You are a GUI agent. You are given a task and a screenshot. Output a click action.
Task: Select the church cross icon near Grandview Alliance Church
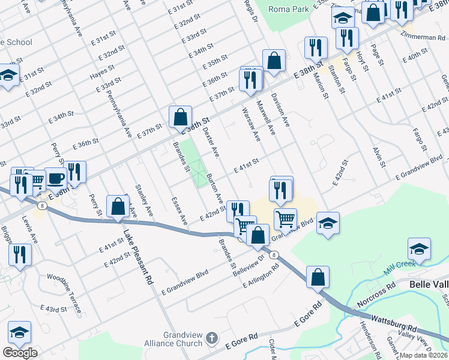tap(211, 339)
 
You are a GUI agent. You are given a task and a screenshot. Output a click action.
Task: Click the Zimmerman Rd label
tap(424, 37)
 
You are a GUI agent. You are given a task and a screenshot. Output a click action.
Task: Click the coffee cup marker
tap(55, 178)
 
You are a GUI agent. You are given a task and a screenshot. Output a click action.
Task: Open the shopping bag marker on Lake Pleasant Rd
tap(118, 206)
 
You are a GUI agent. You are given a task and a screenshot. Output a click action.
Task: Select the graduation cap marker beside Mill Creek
tap(419, 249)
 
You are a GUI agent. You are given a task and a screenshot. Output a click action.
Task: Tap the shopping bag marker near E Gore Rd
tap(318, 278)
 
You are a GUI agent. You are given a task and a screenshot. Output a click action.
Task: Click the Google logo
tap(20, 353)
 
